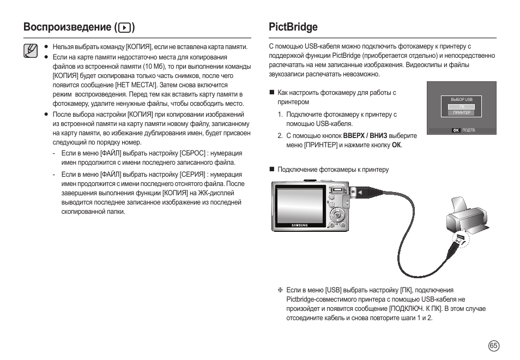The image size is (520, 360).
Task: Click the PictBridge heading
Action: (293, 27)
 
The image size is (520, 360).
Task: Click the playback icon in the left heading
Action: (124, 27)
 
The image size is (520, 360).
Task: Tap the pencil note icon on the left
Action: (31, 51)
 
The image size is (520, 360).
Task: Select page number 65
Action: (493, 345)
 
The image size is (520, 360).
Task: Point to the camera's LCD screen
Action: (301, 206)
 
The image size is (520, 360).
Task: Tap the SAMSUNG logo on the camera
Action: (299, 225)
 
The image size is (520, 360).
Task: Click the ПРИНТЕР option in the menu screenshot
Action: (461, 113)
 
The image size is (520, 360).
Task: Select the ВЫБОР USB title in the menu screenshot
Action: (461, 99)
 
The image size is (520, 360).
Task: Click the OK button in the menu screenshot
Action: (456, 130)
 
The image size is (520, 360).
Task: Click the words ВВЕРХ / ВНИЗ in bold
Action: (365, 136)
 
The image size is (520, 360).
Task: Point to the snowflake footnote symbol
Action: (280, 290)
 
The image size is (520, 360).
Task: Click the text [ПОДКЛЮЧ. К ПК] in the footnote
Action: (416, 309)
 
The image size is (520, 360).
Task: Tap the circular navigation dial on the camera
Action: (337, 215)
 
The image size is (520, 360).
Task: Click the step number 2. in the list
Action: (280, 136)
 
